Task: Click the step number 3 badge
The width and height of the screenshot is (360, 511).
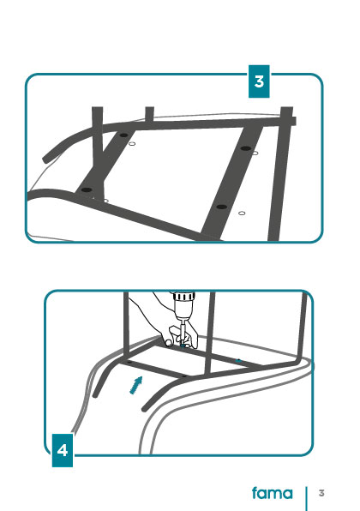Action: pos(259,81)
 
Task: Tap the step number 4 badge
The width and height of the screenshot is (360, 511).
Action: pos(63,450)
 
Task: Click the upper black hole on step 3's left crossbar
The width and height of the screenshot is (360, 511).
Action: pos(123,135)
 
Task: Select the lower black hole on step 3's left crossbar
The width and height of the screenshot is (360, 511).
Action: pos(87,189)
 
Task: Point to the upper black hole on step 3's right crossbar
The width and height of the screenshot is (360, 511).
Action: pos(246,148)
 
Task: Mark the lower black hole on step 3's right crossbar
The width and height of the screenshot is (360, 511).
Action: pos(221,207)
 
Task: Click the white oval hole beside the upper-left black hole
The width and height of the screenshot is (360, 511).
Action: pos(132,143)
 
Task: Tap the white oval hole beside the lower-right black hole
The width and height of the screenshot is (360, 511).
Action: pos(242,213)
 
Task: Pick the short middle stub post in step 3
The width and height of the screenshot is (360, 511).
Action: pos(149,114)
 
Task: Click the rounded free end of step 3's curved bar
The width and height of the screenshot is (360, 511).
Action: pos(45,160)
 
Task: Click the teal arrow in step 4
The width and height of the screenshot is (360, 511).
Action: pos(136,385)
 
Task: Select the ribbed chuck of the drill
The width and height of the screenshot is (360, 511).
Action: pos(183,297)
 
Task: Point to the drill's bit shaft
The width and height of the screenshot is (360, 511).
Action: pos(183,332)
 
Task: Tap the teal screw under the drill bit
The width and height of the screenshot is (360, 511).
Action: pos(183,346)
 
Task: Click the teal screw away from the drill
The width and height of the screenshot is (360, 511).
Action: pos(238,360)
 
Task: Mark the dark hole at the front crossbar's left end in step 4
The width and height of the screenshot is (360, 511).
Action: pos(129,362)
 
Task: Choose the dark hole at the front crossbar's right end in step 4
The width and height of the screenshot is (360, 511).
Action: pos(184,376)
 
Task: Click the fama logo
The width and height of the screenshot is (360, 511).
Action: pos(273,493)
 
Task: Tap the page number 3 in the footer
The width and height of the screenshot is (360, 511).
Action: pos(321,493)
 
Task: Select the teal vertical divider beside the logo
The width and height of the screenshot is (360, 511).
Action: pos(306,499)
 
